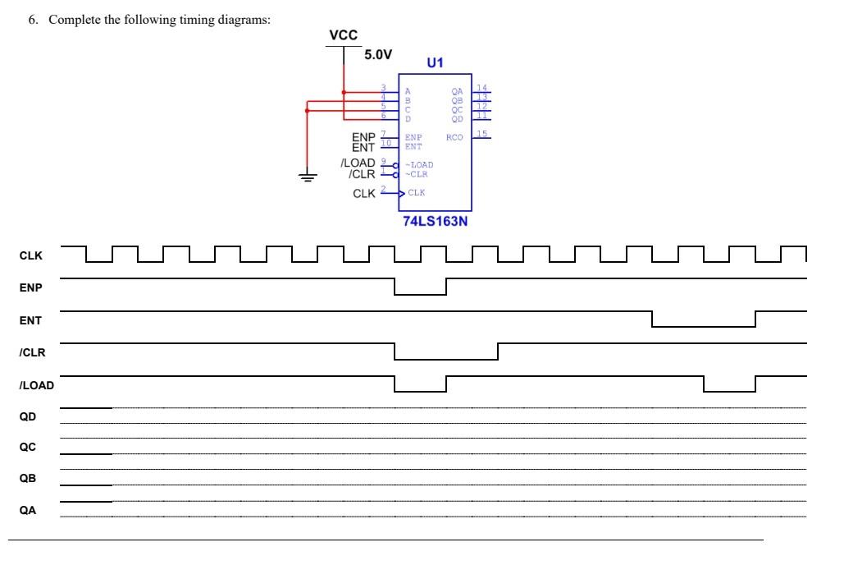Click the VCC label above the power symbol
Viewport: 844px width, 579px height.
pyautogui.click(x=343, y=35)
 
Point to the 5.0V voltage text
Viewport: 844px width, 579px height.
pyautogui.click(x=377, y=54)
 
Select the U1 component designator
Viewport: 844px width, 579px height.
pyautogui.click(x=435, y=62)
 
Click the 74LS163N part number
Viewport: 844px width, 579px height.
pyautogui.click(x=435, y=221)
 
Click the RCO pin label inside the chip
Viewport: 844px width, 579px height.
pyautogui.click(x=454, y=137)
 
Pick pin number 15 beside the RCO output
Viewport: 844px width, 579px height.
pyautogui.click(x=482, y=133)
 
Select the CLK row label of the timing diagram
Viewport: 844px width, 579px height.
pyautogui.click(x=30, y=255)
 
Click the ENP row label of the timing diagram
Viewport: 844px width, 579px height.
pyautogui.click(x=30, y=289)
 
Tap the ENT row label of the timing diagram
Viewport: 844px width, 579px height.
pyautogui.click(x=30, y=320)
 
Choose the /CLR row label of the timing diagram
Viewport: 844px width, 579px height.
pyautogui.click(x=32, y=352)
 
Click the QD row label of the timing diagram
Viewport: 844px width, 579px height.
pyautogui.click(x=28, y=416)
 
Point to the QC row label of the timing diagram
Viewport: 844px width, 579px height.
pyautogui.click(x=28, y=448)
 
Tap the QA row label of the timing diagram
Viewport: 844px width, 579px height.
pyautogui.click(x=28, y=510)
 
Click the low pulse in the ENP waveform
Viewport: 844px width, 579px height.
pyautogui.click(x=420, y=293)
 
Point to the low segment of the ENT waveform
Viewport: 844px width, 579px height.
pyautogui.click(x=703, y=326)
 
